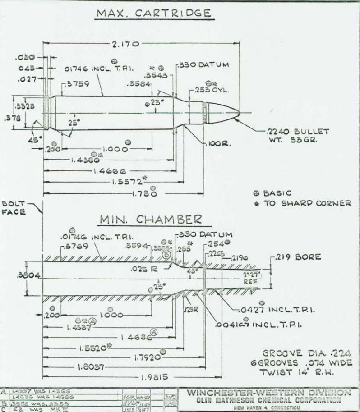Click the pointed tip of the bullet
(240, 112)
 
